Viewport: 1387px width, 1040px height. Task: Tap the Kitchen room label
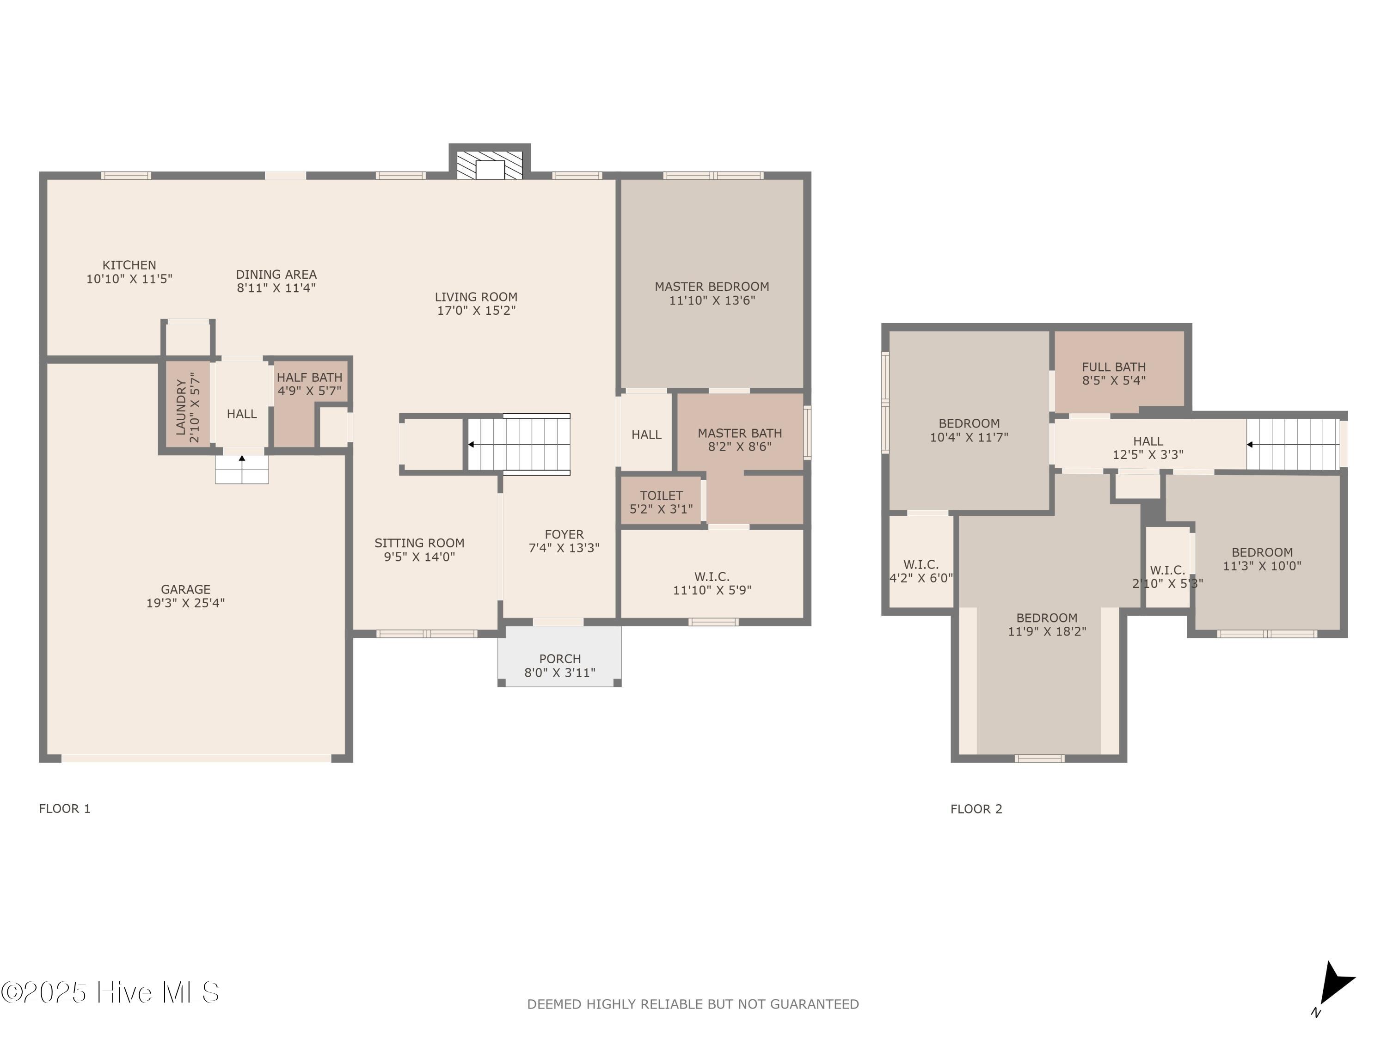[x=129, y=265]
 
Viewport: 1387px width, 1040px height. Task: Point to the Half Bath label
[x=310, y=377]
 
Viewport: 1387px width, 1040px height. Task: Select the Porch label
[x=560, y=659]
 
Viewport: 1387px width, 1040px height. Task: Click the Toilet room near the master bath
[x=661, y=502]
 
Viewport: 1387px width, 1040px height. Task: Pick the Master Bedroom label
[x=712, y=287]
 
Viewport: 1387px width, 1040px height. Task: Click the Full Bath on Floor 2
[x=1114, y=373]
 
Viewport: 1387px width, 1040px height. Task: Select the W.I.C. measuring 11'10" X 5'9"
[x=712, y=583]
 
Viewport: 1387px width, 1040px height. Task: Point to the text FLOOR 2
[x=976, y=809]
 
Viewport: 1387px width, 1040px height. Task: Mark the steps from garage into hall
[x=242, y=469]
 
